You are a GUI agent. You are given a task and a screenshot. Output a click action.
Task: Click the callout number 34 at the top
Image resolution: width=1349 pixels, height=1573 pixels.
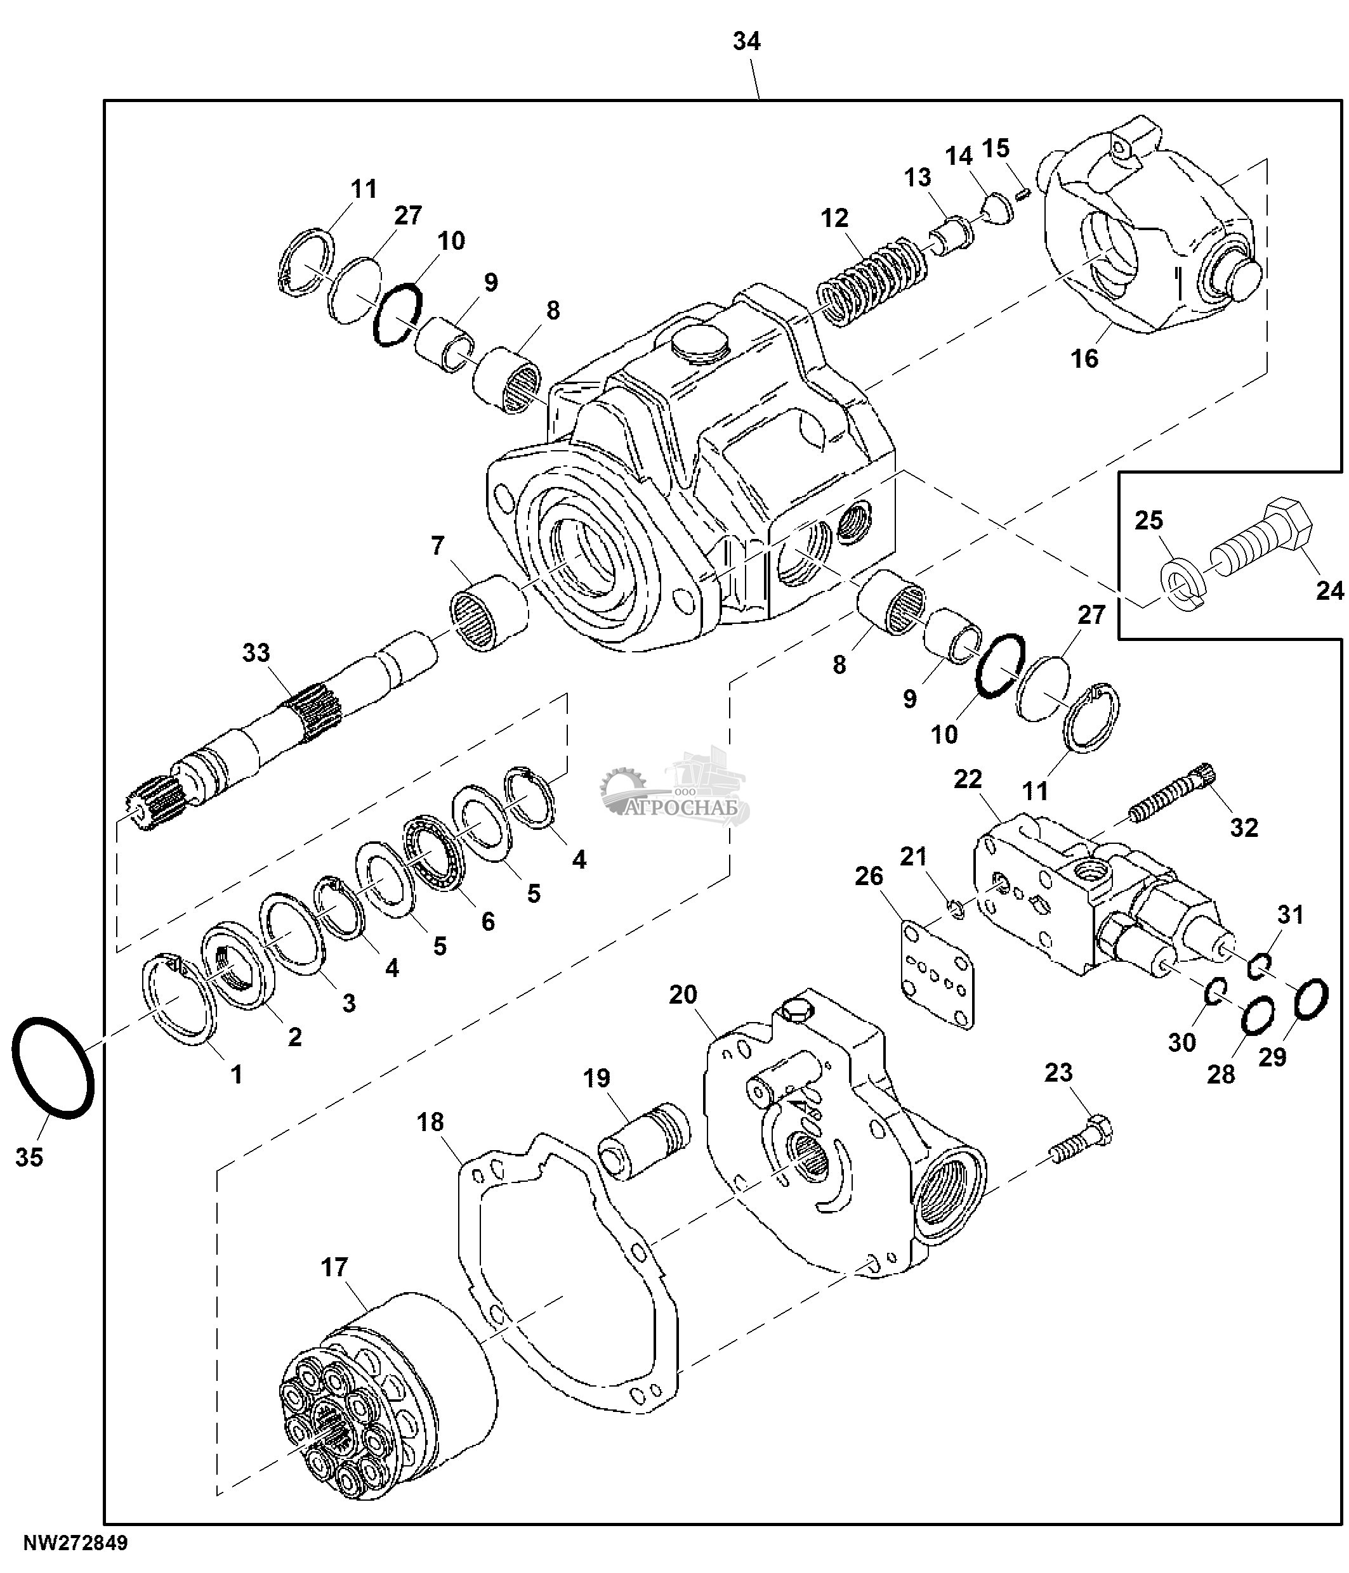[746, 42]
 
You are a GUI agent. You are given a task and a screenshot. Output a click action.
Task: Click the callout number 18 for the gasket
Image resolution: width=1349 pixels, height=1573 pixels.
[430, 1122]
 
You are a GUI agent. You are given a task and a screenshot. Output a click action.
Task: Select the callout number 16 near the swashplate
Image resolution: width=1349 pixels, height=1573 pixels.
[1084, 358]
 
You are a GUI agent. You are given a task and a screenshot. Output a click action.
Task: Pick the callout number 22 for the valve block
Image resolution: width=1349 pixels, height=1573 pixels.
[968, 779]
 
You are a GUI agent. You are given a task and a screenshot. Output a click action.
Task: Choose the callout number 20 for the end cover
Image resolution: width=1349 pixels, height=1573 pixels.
[683, 994]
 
